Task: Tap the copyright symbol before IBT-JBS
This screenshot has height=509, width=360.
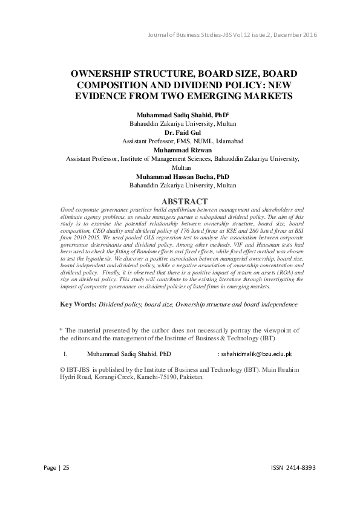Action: [x=63, y=368]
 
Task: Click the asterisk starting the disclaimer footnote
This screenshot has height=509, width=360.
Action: [x=61, y=329]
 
